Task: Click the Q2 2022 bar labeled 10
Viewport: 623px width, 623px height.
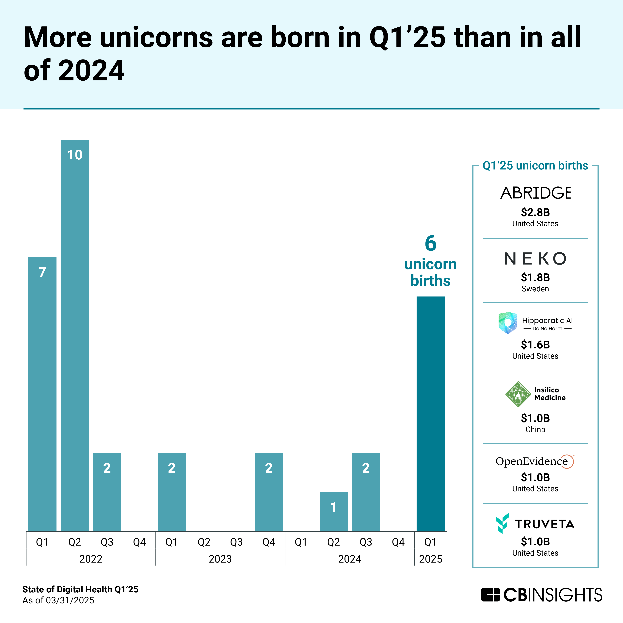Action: tap(74, 335)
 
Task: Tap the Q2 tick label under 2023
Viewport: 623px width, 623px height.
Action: tap(204, 542)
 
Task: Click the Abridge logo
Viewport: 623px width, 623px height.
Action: tap(535, 193)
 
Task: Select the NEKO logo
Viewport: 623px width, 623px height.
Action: tap(535, 259)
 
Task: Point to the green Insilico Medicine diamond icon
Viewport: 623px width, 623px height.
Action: tap(518, 394)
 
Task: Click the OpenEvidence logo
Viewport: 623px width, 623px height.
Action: tap(535, 461)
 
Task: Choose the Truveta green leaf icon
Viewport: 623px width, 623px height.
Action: tap(502, 523)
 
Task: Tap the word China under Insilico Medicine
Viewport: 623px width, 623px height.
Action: tap(535, 430)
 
